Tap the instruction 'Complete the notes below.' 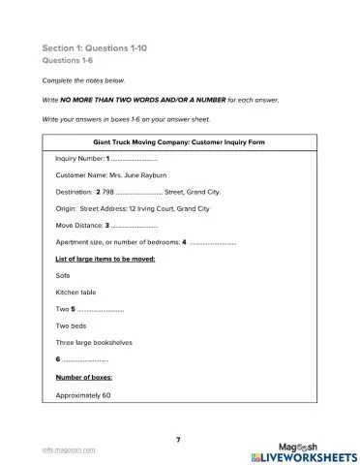click(84, 82)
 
